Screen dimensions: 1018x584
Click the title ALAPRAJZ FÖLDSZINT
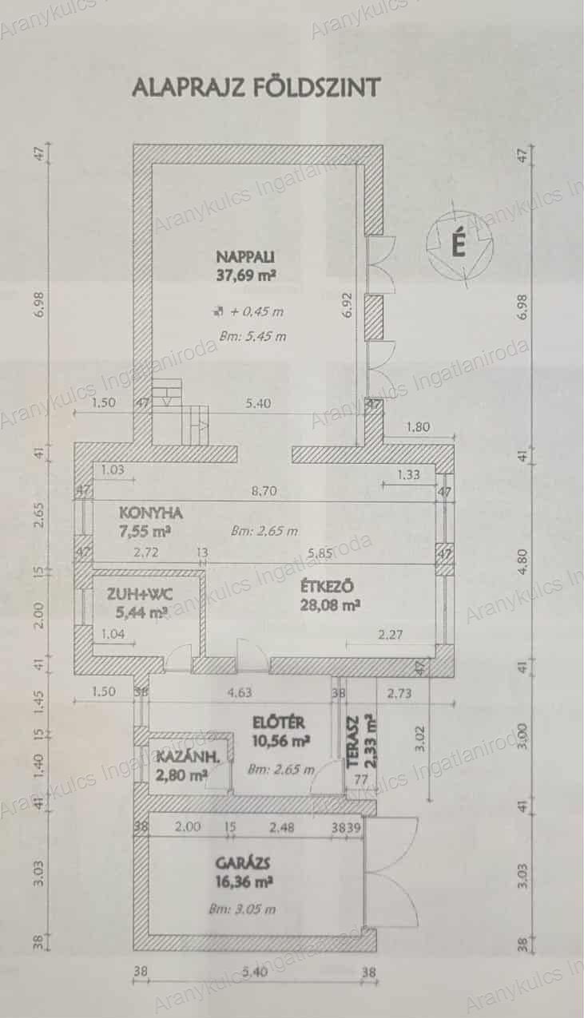coord(256,87)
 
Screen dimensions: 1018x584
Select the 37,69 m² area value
coord(245,275)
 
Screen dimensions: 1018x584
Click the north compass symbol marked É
coord(458,244)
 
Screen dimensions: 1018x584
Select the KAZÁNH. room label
coord(182,756)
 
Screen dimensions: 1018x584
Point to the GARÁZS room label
coord(244,863)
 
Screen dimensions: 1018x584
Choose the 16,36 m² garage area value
coord(244,883)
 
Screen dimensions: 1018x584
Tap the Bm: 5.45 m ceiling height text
coord(252,336)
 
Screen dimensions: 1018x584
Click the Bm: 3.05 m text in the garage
coord(242,909)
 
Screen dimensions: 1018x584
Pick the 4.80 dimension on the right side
coord(523,557)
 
